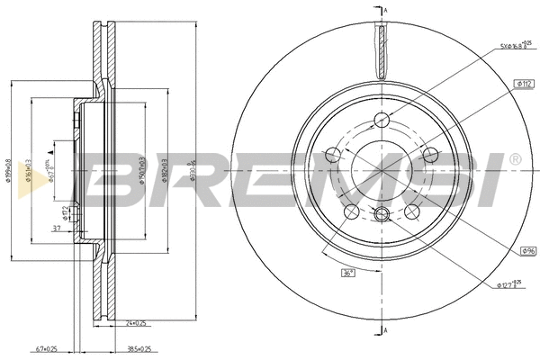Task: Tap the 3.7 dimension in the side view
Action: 56,229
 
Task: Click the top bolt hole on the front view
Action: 382,120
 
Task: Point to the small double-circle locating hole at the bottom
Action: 381,214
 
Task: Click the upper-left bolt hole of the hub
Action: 332,156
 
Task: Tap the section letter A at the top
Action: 385,10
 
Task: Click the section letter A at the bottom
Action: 385,331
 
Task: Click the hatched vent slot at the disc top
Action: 382,50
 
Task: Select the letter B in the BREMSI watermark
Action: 115,177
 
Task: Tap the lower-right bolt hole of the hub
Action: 412,211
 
